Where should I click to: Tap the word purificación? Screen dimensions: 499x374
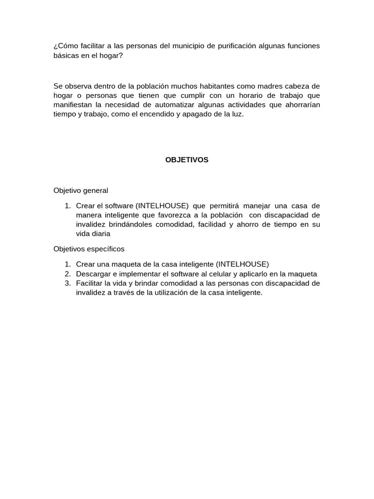pyautogui.click(x=230, y=46)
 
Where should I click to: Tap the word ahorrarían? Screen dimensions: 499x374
pyautogui.click(x=301, y=105)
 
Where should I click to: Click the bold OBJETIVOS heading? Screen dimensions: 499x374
pyautogui.click(x=187, y=160)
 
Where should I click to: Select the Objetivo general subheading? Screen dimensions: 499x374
pyautogui.click(x=81, y=190)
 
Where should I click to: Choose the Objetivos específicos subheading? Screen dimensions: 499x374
pyautogui.click(x=89, y=249)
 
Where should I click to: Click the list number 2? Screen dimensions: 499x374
pyautogui.click(x=68, y=274)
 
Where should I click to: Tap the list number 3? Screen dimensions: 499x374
pyautogui.click(x=68, y=283)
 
